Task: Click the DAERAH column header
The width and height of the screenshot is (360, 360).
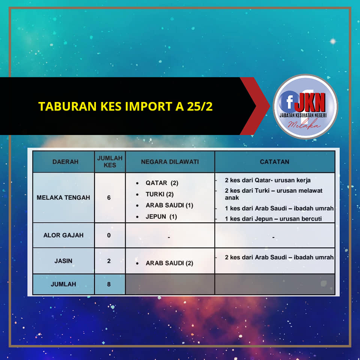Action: [65, 162]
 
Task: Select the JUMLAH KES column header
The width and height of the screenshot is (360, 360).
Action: [110, 162]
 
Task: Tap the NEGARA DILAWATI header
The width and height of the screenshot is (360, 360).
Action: [170, 162]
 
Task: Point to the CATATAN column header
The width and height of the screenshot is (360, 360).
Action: [274, 162]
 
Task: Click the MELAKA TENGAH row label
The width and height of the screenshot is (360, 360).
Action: [63, 198]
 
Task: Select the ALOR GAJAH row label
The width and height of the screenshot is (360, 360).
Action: [63, 235]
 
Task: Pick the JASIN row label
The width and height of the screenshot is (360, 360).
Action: [63, 261]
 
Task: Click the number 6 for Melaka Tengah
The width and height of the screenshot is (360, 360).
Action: [109, 198]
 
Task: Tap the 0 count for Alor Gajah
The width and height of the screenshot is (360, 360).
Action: [109, 235]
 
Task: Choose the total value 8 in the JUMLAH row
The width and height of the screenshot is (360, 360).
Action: [109, 284]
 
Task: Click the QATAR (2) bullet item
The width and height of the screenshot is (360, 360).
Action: [162, 183]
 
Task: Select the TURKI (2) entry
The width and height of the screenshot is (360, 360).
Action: [160, 194]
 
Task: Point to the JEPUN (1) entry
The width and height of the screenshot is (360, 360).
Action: [161, 216]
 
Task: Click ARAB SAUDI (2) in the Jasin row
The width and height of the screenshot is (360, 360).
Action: [169, 263]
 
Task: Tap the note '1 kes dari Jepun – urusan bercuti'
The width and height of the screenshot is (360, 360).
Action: [273, 219]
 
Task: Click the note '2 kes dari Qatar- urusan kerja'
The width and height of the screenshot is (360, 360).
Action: [268, 180]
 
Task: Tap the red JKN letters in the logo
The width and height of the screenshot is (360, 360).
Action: [310, 102]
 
